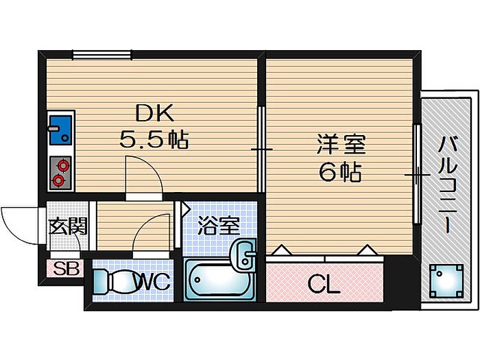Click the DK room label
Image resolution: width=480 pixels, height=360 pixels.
[x=154, y=113]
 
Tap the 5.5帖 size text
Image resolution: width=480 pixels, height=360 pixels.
[x=154, y=139]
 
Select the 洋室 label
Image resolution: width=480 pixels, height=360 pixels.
[x=341, y=145]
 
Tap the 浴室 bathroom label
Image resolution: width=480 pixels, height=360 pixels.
[x=218, y=226]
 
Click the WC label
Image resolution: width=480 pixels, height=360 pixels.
[x=153, y=282]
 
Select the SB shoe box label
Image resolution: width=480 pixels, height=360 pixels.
[x=66, y=269]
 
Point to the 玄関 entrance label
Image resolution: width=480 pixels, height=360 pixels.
[x=69, y=226]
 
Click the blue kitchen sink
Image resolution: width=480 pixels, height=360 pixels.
[x=60, y=130]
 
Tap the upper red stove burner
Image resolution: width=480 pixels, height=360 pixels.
[x=64, y=166]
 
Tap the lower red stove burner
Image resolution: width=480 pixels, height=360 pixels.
[x=58, y=180]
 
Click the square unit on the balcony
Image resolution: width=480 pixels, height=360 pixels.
[x=446, y=281]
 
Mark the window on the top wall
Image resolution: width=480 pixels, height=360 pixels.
[x=102, y=55]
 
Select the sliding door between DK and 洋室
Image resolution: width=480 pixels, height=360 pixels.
[x=261, y=149]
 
